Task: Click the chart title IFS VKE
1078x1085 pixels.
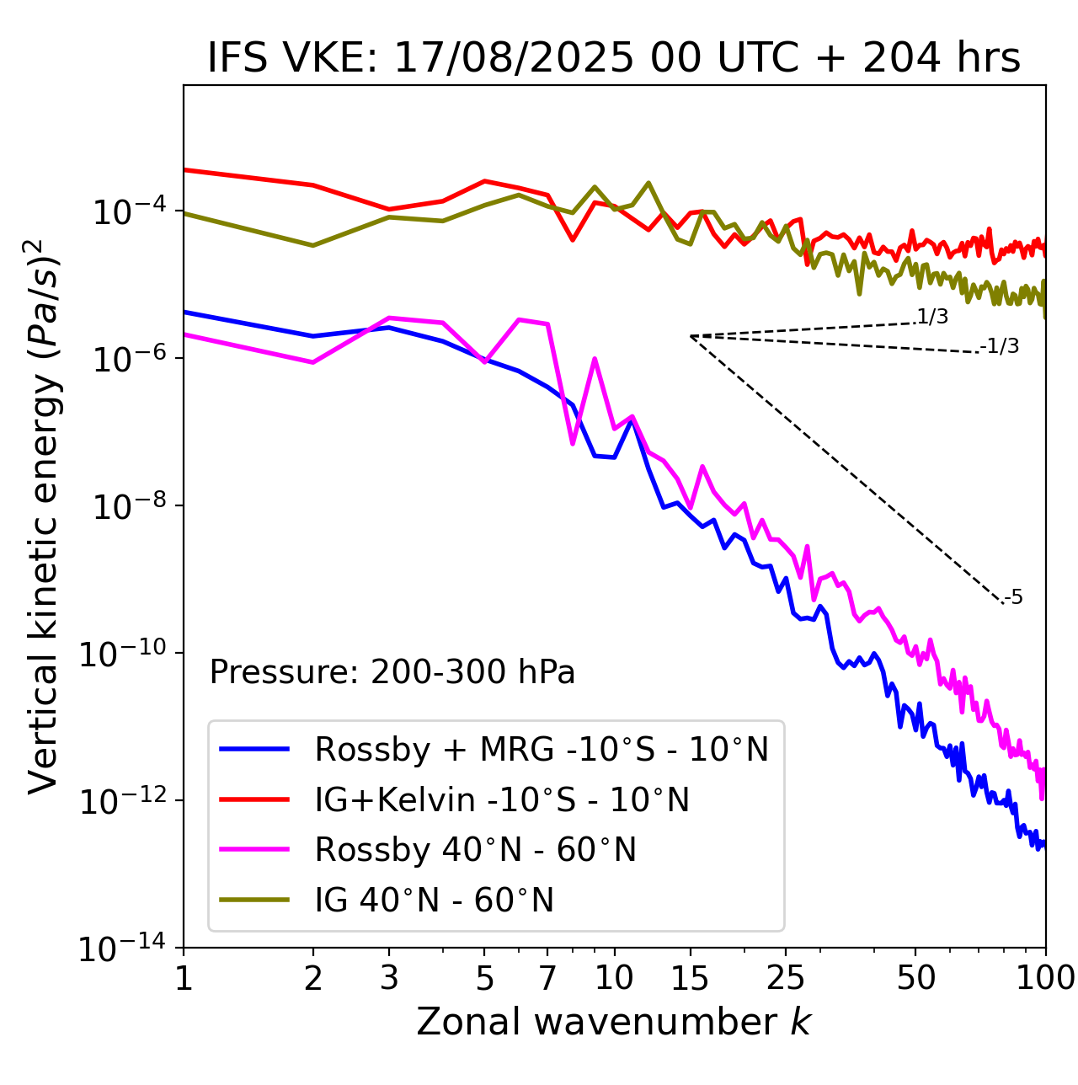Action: coord(614,58)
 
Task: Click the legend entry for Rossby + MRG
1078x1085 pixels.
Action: coord(542,749)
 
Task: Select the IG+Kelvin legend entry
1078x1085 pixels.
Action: coord(502,799)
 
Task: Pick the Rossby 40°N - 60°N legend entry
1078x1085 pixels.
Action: coord(475,850)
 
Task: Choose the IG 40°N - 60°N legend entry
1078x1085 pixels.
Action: coord(435,901)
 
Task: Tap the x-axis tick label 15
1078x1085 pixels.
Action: coord(690,978)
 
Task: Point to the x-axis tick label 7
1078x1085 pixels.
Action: coord(548,978)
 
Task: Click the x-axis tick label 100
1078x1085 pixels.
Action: coord(1044,978)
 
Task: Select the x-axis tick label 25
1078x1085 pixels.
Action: coord(785,978)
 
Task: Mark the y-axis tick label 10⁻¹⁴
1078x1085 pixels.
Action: coord(123,949)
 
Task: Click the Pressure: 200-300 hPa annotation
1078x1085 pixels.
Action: coord(392,672)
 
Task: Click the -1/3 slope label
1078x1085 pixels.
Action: coord(1000,345)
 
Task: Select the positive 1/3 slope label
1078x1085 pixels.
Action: coord(932,317)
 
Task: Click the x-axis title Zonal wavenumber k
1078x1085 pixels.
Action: coord(614,1022)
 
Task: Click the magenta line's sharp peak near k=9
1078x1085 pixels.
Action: coord(595,359)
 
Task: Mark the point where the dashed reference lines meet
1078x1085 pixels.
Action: coord(691,336)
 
